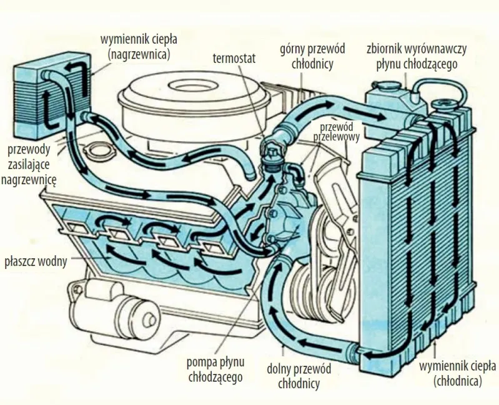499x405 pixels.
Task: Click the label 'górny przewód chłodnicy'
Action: pyautogui.click(x=307, y=57)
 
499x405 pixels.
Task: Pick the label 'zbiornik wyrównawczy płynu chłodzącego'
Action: pyautogui.click(x=417, y=57)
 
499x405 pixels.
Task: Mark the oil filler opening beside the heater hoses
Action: pyautogui.click(x=96, y=152)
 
